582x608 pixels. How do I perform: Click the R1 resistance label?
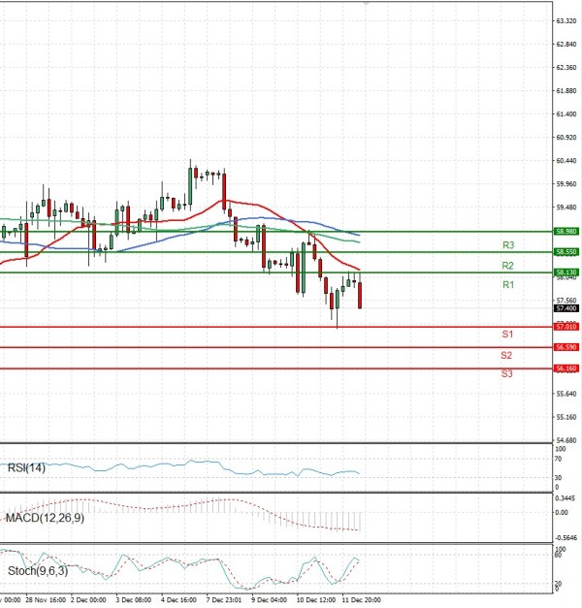(507, 285)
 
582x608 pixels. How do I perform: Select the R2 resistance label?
(507, 265)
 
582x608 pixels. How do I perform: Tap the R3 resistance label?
(507, 244)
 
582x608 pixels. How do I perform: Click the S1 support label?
(507, 334)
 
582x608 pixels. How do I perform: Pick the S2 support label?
(507, 355)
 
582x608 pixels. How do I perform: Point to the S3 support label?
(507, 373)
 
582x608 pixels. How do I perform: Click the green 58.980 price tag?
(566, 232)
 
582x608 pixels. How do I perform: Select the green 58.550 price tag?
(566, 252)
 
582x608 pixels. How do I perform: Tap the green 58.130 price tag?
(566, 272)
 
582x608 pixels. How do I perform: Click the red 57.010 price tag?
(566, 327)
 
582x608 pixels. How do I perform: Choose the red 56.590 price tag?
(566, 347)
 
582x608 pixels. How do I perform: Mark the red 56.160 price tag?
(566, 368)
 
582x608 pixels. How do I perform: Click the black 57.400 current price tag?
(566, 308)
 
